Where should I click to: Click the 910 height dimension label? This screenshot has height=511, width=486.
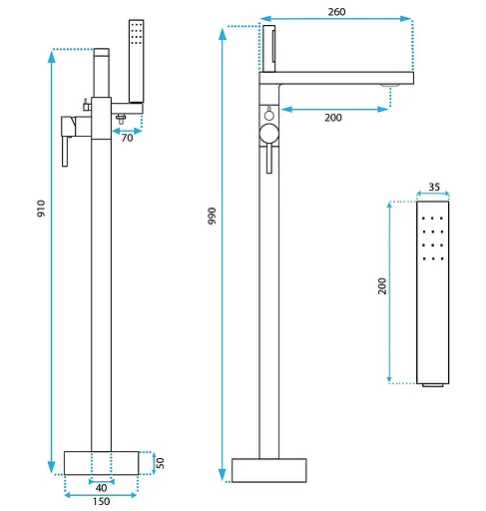click(x=41, y=209)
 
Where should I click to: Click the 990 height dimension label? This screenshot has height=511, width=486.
click(x=212, y=216)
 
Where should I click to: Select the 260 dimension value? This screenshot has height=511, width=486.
click(x=336, y=12)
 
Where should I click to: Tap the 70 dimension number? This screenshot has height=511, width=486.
click(x=127, y=138)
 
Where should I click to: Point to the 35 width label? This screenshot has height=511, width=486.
click(x=434, y=187)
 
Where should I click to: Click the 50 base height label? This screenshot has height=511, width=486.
click(x=161, y=463)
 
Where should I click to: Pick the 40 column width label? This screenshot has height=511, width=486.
click(x=101, y=488)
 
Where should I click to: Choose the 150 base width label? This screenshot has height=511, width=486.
click(x=101, y=501)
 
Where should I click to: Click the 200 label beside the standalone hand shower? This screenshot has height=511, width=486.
click(x=382, y=286)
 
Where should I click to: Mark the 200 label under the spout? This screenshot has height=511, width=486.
click(x=333, y=118)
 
